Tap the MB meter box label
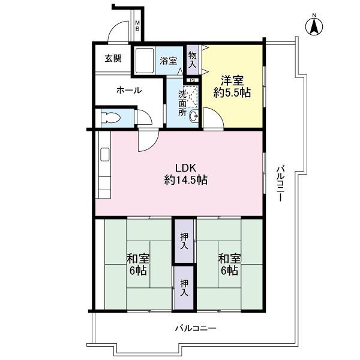(x=137, y=26)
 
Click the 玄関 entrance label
(x=113, y=59)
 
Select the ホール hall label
(x=128, y=91)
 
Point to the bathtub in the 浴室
(x=145, y=61)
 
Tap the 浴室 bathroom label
(x=169, y=61)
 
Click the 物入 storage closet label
(x=193, y=59)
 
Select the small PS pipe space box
(x=192, y=79)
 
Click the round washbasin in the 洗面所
(x=194, y=117)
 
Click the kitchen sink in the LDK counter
(x=105, y=155)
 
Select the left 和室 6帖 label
(x=138, y=265)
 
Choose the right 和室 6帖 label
(x=229, y=265)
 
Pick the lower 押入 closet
(x=185, y=289)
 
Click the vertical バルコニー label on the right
(x=280, y=183)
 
